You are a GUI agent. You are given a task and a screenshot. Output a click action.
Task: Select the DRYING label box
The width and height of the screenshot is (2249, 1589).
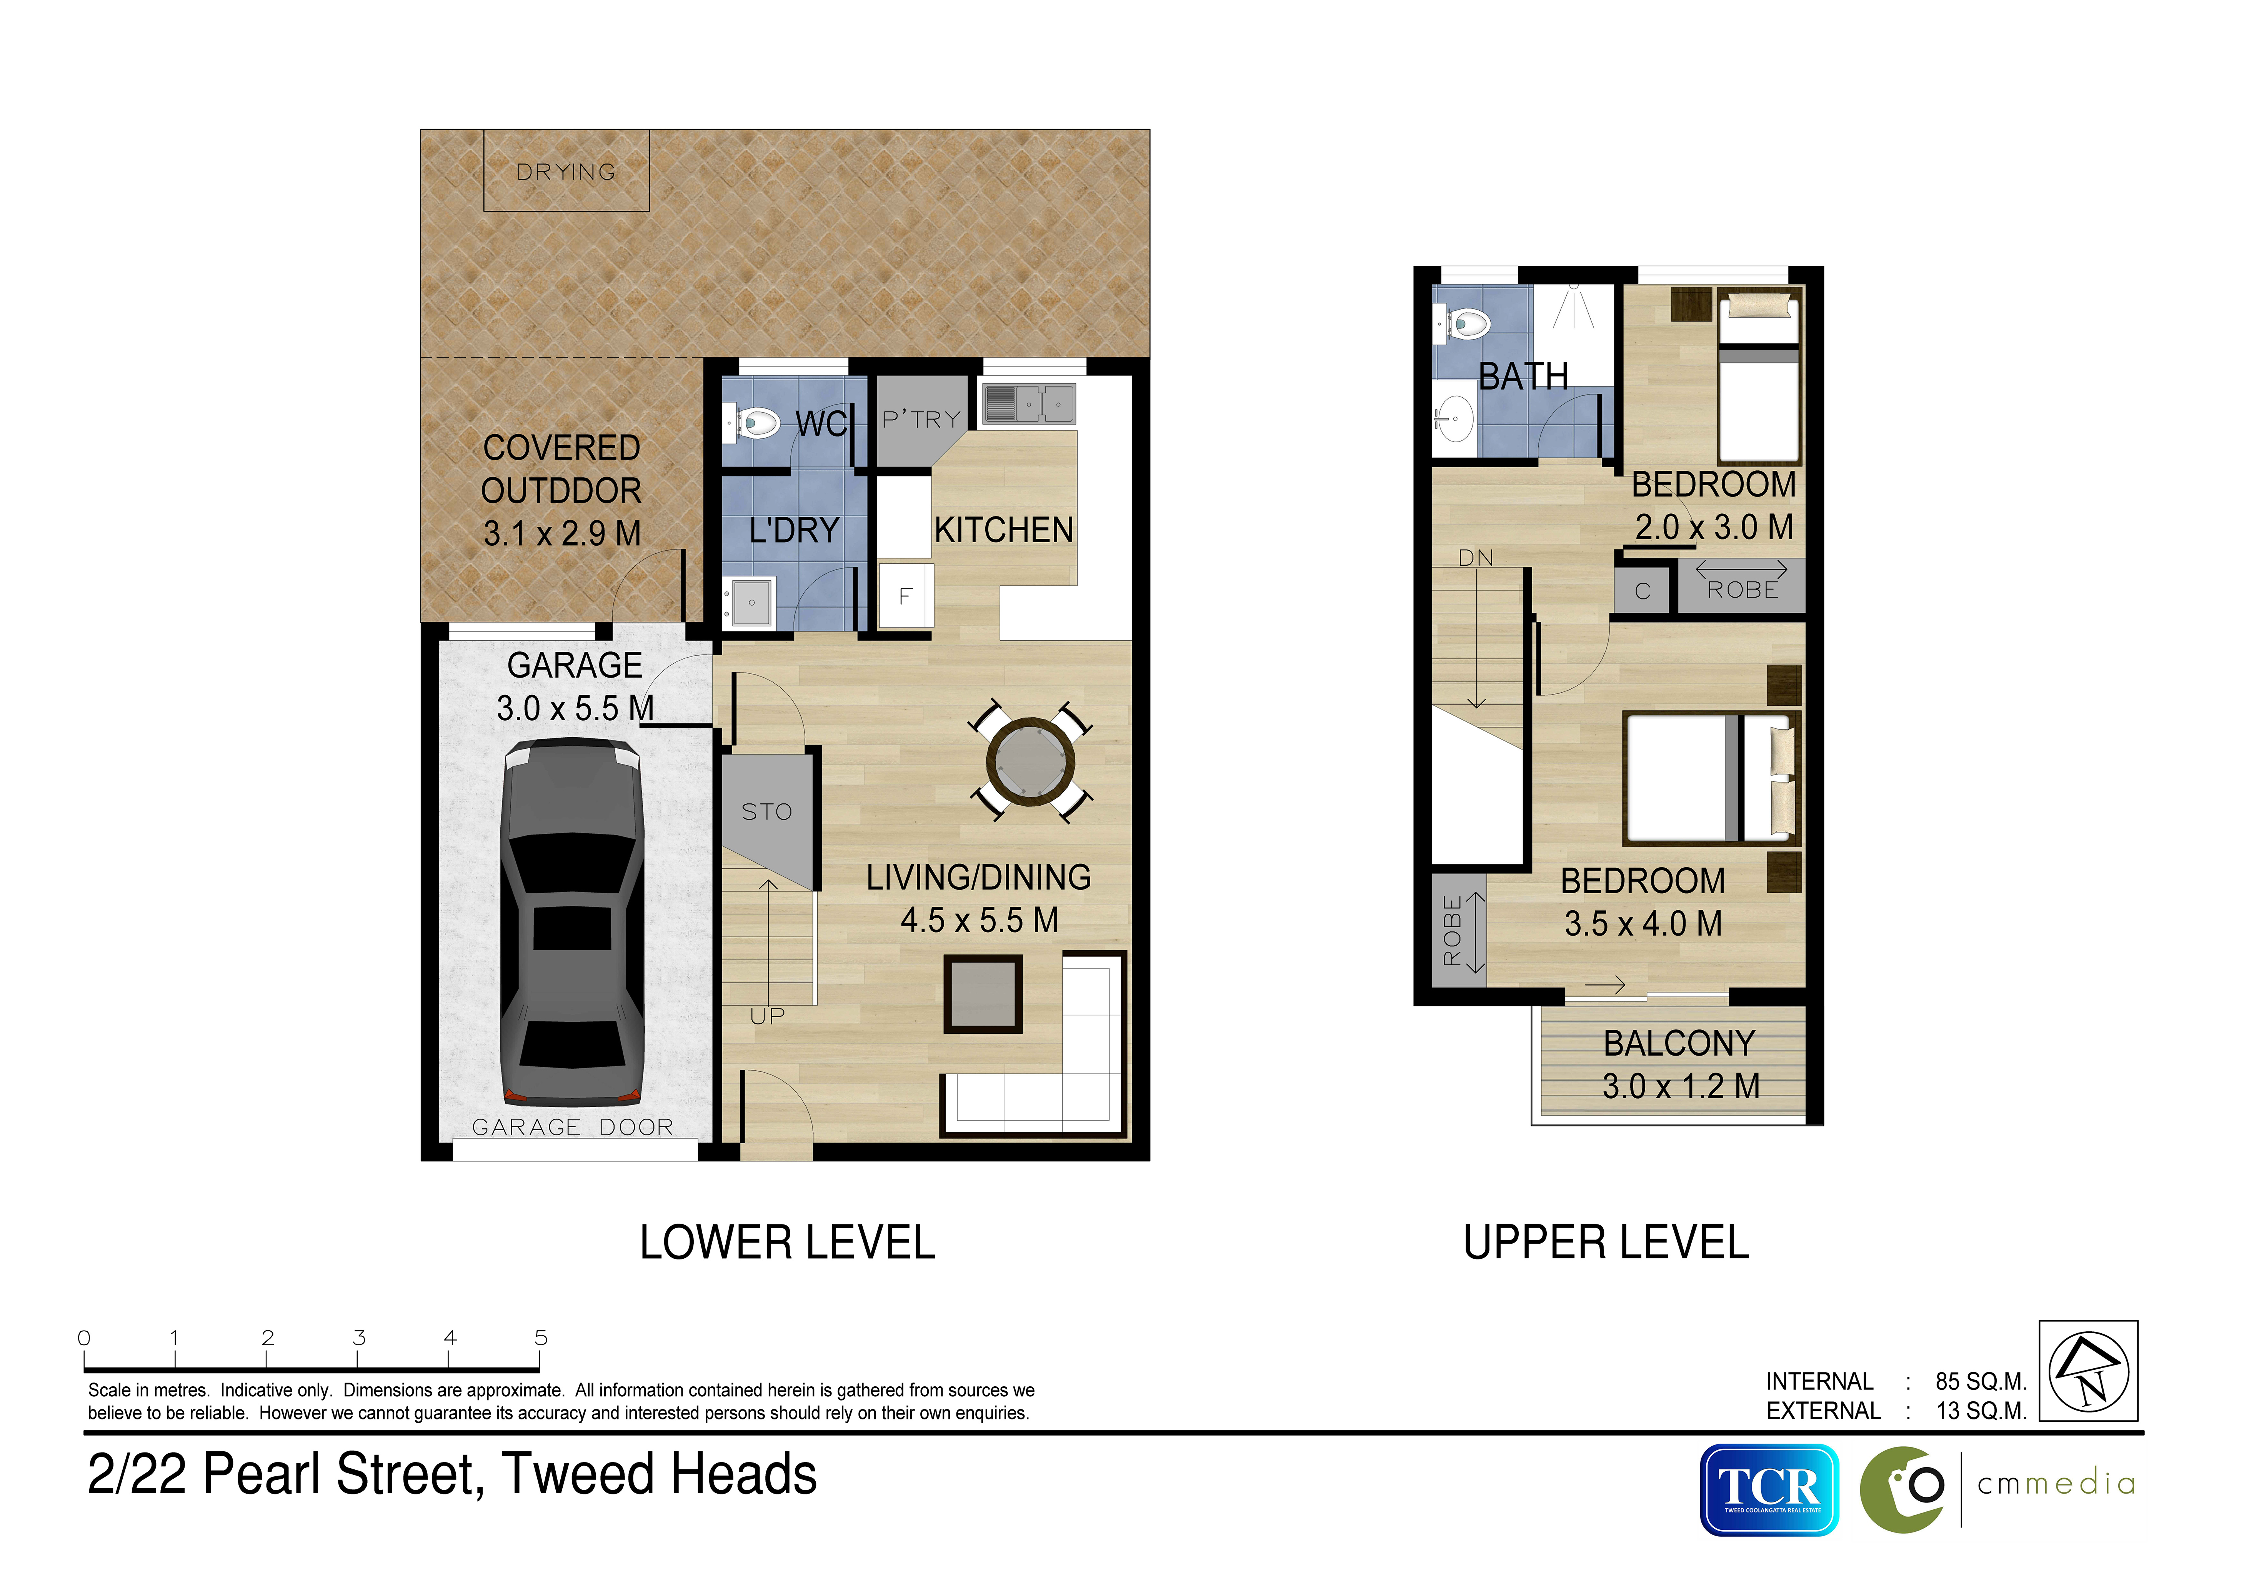[x=566, y=170]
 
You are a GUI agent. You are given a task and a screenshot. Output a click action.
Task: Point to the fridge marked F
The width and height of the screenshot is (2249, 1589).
[x=905, y=596]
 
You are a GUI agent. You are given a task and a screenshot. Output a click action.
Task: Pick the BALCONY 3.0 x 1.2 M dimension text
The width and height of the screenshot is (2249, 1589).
[x=1681, y=1086]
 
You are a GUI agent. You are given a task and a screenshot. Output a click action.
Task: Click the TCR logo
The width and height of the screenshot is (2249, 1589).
[x=1769, y=1489]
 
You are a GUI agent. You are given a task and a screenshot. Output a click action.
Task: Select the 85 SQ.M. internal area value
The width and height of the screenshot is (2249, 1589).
[x=1981, y=1381]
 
